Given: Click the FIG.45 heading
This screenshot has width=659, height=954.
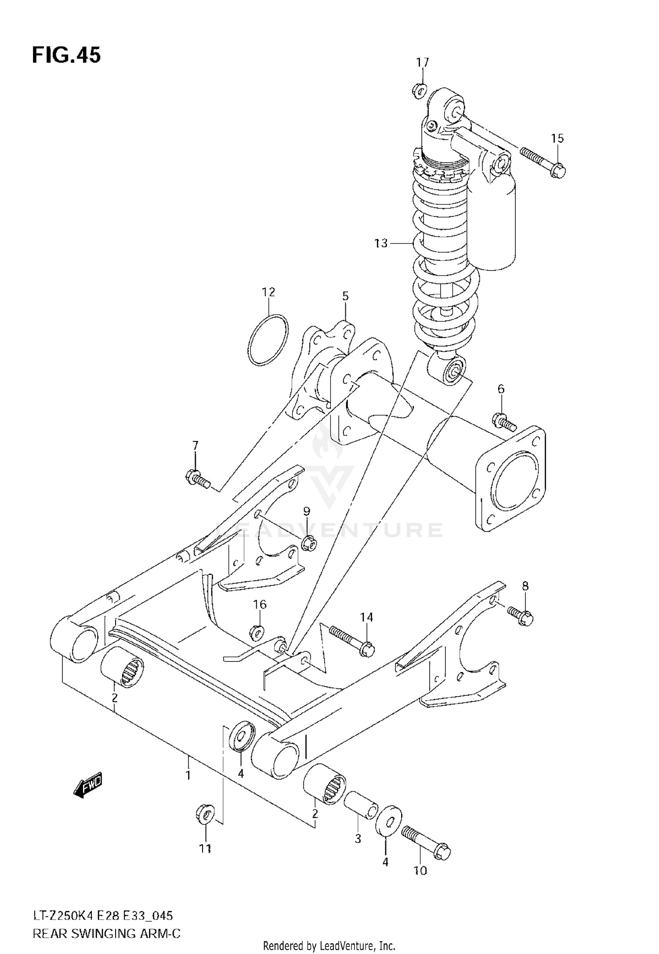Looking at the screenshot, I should coord(66,55).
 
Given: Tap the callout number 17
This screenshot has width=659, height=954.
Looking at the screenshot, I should coord(422,62).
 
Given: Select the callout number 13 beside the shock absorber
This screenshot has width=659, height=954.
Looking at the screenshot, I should coord(381,243).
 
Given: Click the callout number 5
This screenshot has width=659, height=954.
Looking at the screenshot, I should coord(345,296).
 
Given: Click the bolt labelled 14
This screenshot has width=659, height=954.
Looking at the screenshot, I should coord(350,640).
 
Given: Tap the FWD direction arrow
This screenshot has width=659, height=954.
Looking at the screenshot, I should coord(88,783).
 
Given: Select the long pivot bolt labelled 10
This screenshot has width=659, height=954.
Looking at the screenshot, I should coord(425,841).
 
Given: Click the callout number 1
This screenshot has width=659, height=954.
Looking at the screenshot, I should coord(188,776).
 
